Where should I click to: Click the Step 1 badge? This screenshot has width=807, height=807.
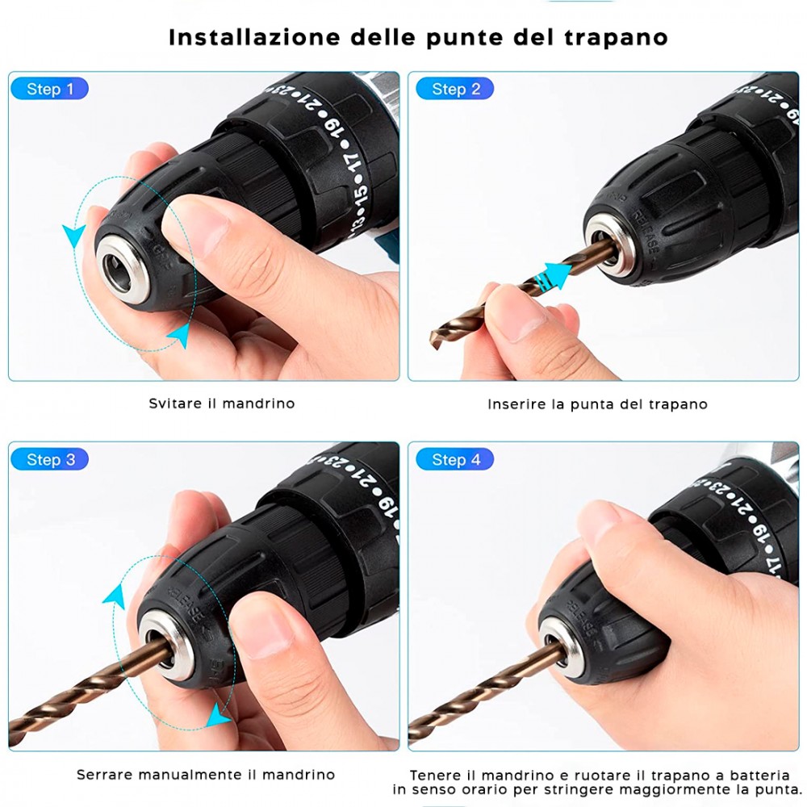49,89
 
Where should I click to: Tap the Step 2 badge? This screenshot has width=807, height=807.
455,89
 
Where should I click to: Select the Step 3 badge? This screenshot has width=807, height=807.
50,460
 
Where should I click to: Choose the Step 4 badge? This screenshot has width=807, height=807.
455,460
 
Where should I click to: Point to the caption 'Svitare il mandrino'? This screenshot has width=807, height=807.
222,403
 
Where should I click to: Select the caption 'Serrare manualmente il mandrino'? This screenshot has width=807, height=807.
206,774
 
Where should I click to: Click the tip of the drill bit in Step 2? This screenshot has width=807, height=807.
437,338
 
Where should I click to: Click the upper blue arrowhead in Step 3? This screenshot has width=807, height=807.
115,596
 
